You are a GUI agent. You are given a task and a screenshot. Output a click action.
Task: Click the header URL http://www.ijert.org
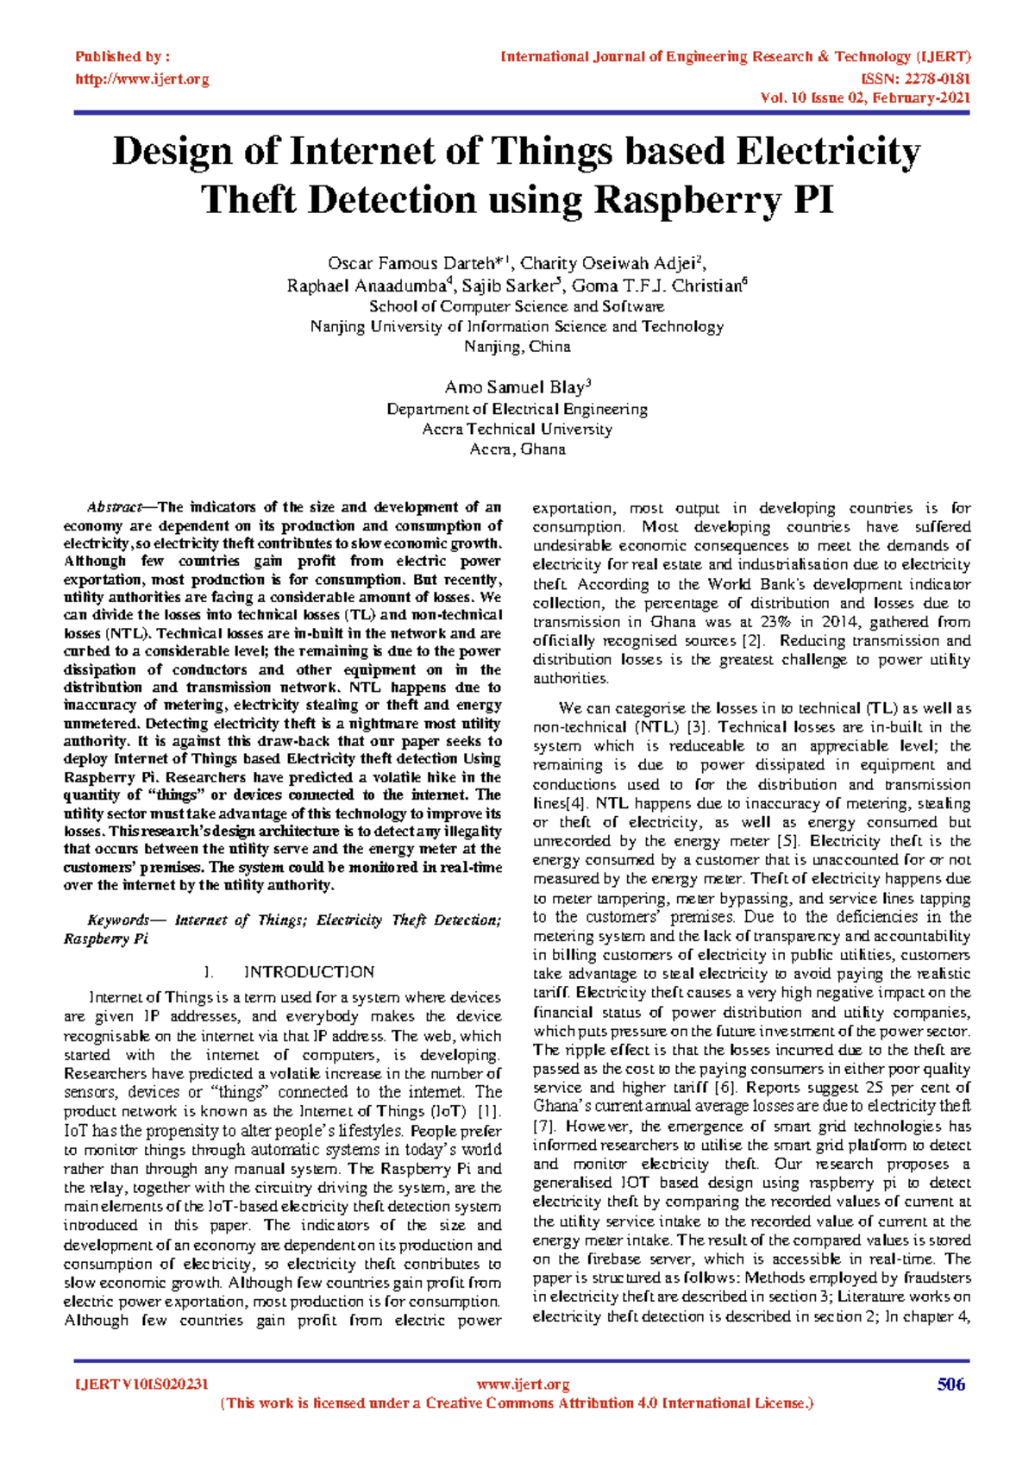pos(141,79)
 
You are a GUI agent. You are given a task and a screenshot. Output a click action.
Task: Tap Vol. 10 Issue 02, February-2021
pos(865,97)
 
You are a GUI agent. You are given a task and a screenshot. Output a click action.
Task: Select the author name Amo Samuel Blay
pos(514,387)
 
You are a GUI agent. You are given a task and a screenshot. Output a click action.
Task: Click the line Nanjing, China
pos(517,347)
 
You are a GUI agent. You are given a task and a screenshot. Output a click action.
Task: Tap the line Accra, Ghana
pos(517,449)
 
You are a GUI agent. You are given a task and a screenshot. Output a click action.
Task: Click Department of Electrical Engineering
pos(517,409)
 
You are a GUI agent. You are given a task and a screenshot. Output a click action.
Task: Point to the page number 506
pos(950,1385)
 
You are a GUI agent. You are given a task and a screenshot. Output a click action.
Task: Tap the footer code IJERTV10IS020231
pos(141,1385)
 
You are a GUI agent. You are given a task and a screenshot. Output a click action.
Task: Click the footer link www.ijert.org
pos(523,1385)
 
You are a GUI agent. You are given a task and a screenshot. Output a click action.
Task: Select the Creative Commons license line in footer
pos(517,1403)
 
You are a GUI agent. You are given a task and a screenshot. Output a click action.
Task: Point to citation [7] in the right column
pos(543,1126)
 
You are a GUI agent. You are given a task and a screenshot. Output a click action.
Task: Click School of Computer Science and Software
pos(517,306)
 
